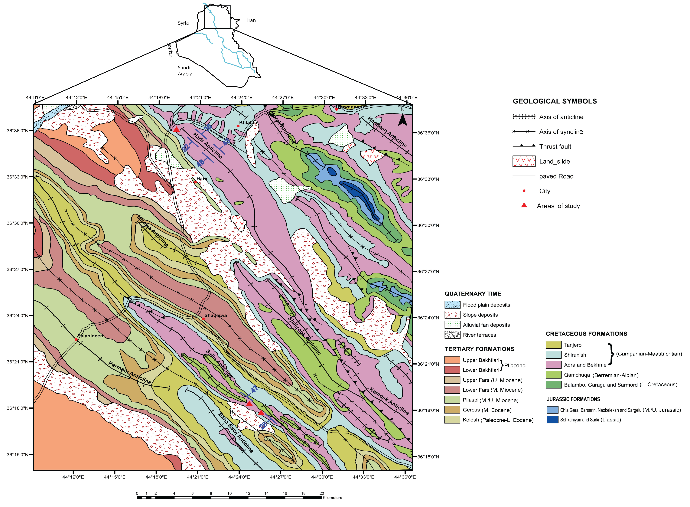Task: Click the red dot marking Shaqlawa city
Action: (x=203, y=319)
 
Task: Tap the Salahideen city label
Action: (x=90, y=336)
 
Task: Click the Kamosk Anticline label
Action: (x=389, y=401)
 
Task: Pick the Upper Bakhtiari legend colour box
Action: (x=452, y=360)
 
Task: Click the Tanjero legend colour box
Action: (x=553, y=345)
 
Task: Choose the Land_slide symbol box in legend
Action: (x=524, y=161)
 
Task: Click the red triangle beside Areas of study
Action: (x=524, y=205)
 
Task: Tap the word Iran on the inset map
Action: (x=251, y=20)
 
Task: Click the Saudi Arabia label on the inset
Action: (x=185, y=71)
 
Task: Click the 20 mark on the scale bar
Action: (x=321, y=493)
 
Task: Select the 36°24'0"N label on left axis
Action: (x=18, y=316)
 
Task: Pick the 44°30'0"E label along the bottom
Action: (x=322, y=477)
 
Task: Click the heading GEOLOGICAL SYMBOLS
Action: (x=555, y=101)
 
